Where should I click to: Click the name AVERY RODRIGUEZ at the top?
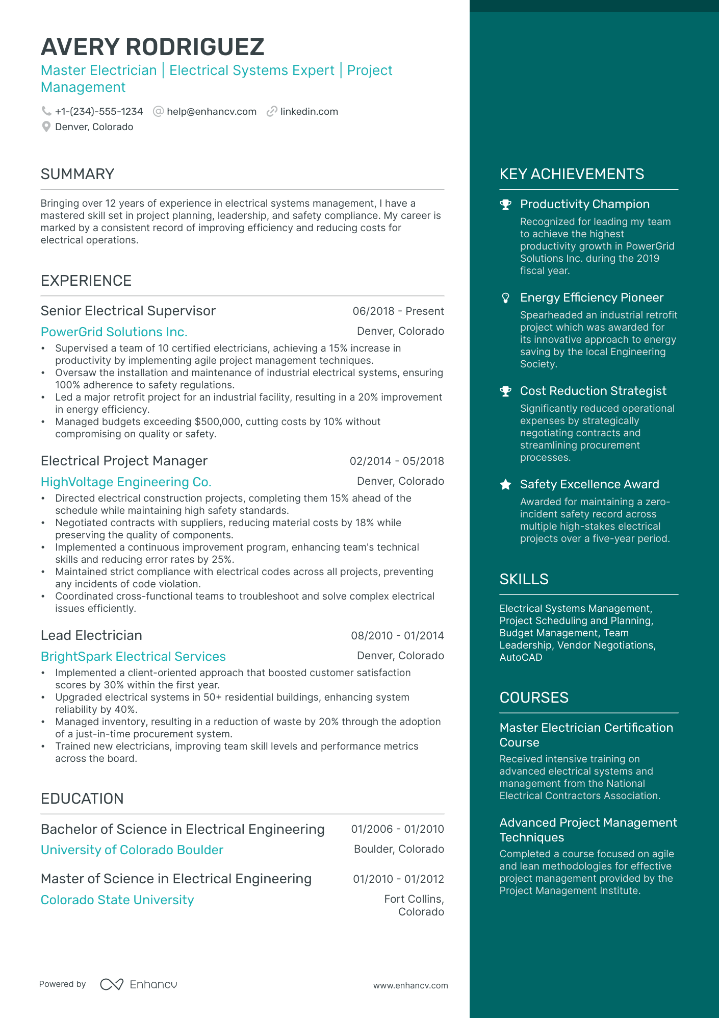pyautogui.click(x=152, y=47)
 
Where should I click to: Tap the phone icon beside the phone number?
pyautogui.click(x=46, y=111)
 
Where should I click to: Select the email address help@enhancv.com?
pyautogui.click(x=211, y=112)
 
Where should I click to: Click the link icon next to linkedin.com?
pyautogui.click(x=272, y=111)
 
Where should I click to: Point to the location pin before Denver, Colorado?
pyautogui.click(x=46, y=127)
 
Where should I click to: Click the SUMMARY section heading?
pyautogui.click(x=78, y=174)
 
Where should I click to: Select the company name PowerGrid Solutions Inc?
pyautogui.click(x=114, y=332)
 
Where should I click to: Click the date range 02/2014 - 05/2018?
pyautogui.click(x=396, y=461)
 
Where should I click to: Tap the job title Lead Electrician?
pyautogui.click(x=91, y=636)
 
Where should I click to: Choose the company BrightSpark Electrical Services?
pyautogui.click(x=133, y=657)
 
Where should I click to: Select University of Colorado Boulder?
pyautogui.click(x=132, y=850)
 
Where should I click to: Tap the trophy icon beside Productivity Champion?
pyautogui.click(x=505, y=205)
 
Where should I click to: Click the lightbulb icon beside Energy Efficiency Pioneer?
pyautogui.click(x=505, y=298)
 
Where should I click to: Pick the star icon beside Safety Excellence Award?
pyautogui.click(x=505, y=485)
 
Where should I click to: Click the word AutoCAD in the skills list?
pyautogui.click(x=521, y=658)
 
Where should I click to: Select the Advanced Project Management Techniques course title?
pyautogui.click(x=588, y=830)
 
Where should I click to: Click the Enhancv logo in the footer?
pyautogui.click(x=139, y=984)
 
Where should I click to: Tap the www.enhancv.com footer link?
pyautogui.click(x=410, y=986)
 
